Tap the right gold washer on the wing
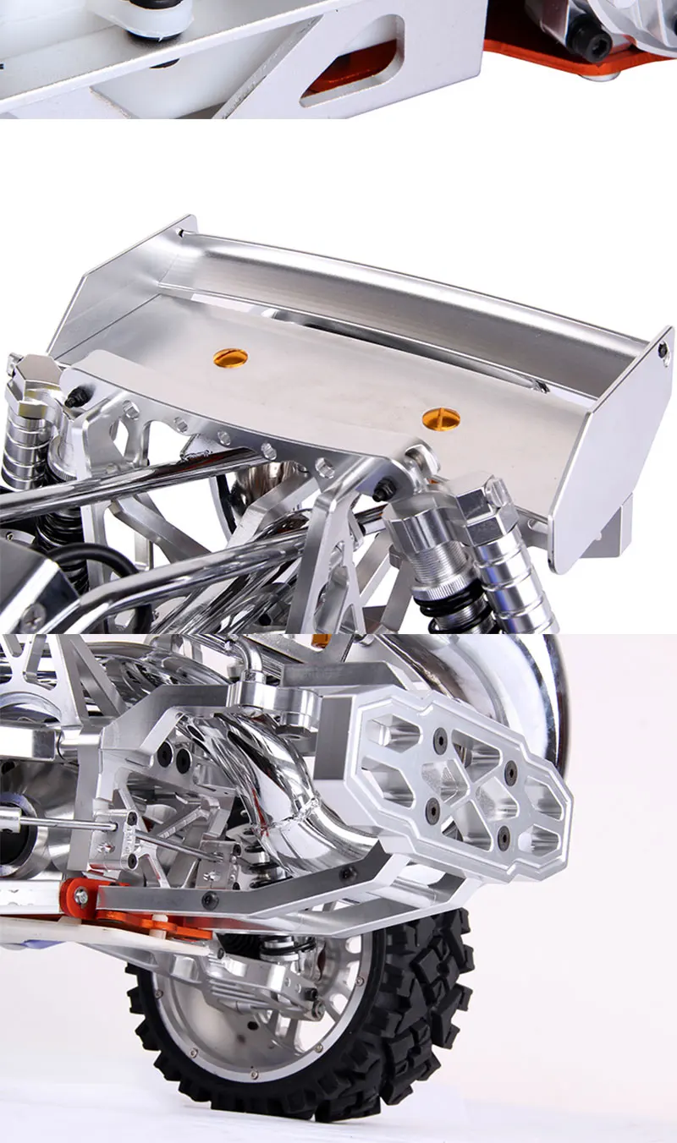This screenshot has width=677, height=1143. tap(441, 417)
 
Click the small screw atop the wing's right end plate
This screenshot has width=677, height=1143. tap(663, 347)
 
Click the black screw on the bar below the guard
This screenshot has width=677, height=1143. tap(346, 873)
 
